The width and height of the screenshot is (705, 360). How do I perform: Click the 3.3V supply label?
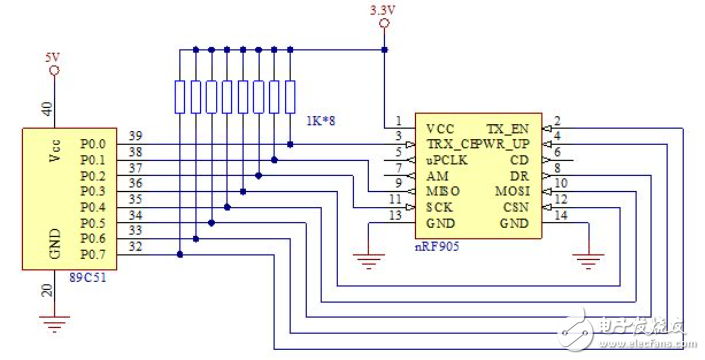382,10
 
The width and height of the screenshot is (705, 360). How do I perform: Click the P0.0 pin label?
94,142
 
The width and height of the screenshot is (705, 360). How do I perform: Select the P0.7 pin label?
94,254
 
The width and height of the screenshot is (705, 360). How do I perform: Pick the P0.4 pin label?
94,206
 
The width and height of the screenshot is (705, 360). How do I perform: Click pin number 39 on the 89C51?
134,136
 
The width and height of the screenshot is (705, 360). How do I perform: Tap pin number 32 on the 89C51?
134,247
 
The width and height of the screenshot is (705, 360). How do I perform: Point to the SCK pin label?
439,206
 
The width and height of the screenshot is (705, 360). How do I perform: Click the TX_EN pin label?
507,129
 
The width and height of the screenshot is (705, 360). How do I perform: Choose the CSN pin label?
516,206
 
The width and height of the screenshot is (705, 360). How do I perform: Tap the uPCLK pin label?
446,159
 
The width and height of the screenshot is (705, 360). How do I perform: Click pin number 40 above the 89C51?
46,109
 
